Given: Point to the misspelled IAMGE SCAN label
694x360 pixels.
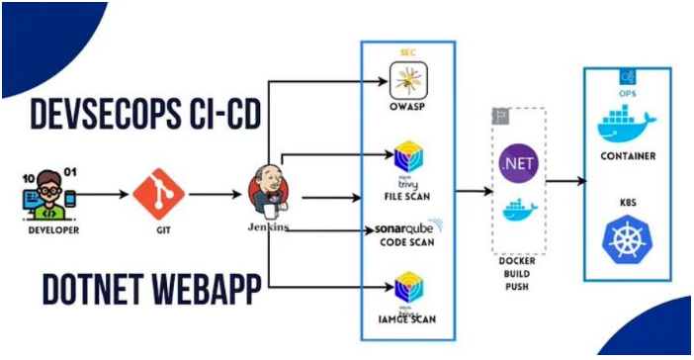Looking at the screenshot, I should tap(406, 318).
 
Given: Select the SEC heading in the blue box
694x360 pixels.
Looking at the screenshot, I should tap(406, 50).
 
